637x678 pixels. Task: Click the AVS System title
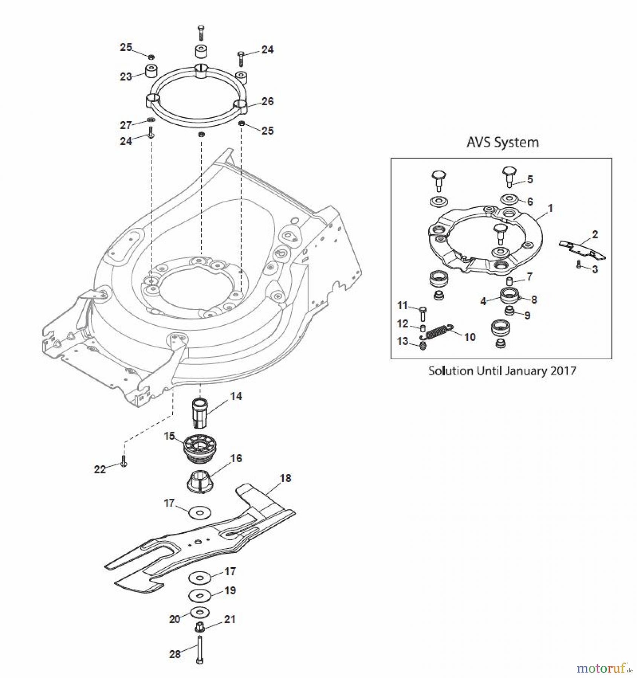502,143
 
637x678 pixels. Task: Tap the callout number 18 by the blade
285,478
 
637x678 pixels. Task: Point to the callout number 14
236,396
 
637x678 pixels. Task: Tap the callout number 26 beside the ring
267,101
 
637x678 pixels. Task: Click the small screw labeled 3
579,265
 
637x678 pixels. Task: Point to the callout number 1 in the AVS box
550,208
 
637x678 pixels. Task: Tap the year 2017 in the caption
563,371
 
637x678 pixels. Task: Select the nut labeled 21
199,628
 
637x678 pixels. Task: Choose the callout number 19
230,590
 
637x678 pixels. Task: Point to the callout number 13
403,341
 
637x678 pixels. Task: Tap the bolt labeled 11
423,313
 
